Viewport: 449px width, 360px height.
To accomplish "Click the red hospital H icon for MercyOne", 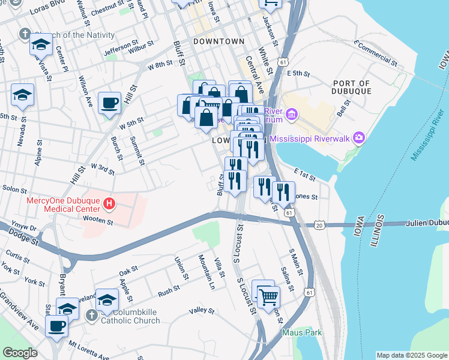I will click(x=109, y=204).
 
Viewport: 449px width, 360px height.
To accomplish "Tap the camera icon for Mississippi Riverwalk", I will click(x=360, y=139).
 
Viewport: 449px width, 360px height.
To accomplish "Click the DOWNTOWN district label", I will click(x=219, y=41).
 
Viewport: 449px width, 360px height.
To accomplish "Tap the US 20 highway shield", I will click(x=318, y=224).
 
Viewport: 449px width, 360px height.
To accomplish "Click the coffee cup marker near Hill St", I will click(x=109, y=103).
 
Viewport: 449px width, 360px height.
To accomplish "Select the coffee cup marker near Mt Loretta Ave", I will click(x=57, y=326).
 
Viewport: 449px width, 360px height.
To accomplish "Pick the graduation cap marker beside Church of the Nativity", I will click(x=41, y=45).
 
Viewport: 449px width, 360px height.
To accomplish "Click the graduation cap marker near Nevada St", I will click(x=22, y=95).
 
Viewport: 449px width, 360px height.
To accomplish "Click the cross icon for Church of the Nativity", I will click(x=25, y=34).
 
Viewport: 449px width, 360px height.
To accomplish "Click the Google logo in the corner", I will click(x=19, y=353).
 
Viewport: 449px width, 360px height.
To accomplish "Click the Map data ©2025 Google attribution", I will click(x=412, y=355).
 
